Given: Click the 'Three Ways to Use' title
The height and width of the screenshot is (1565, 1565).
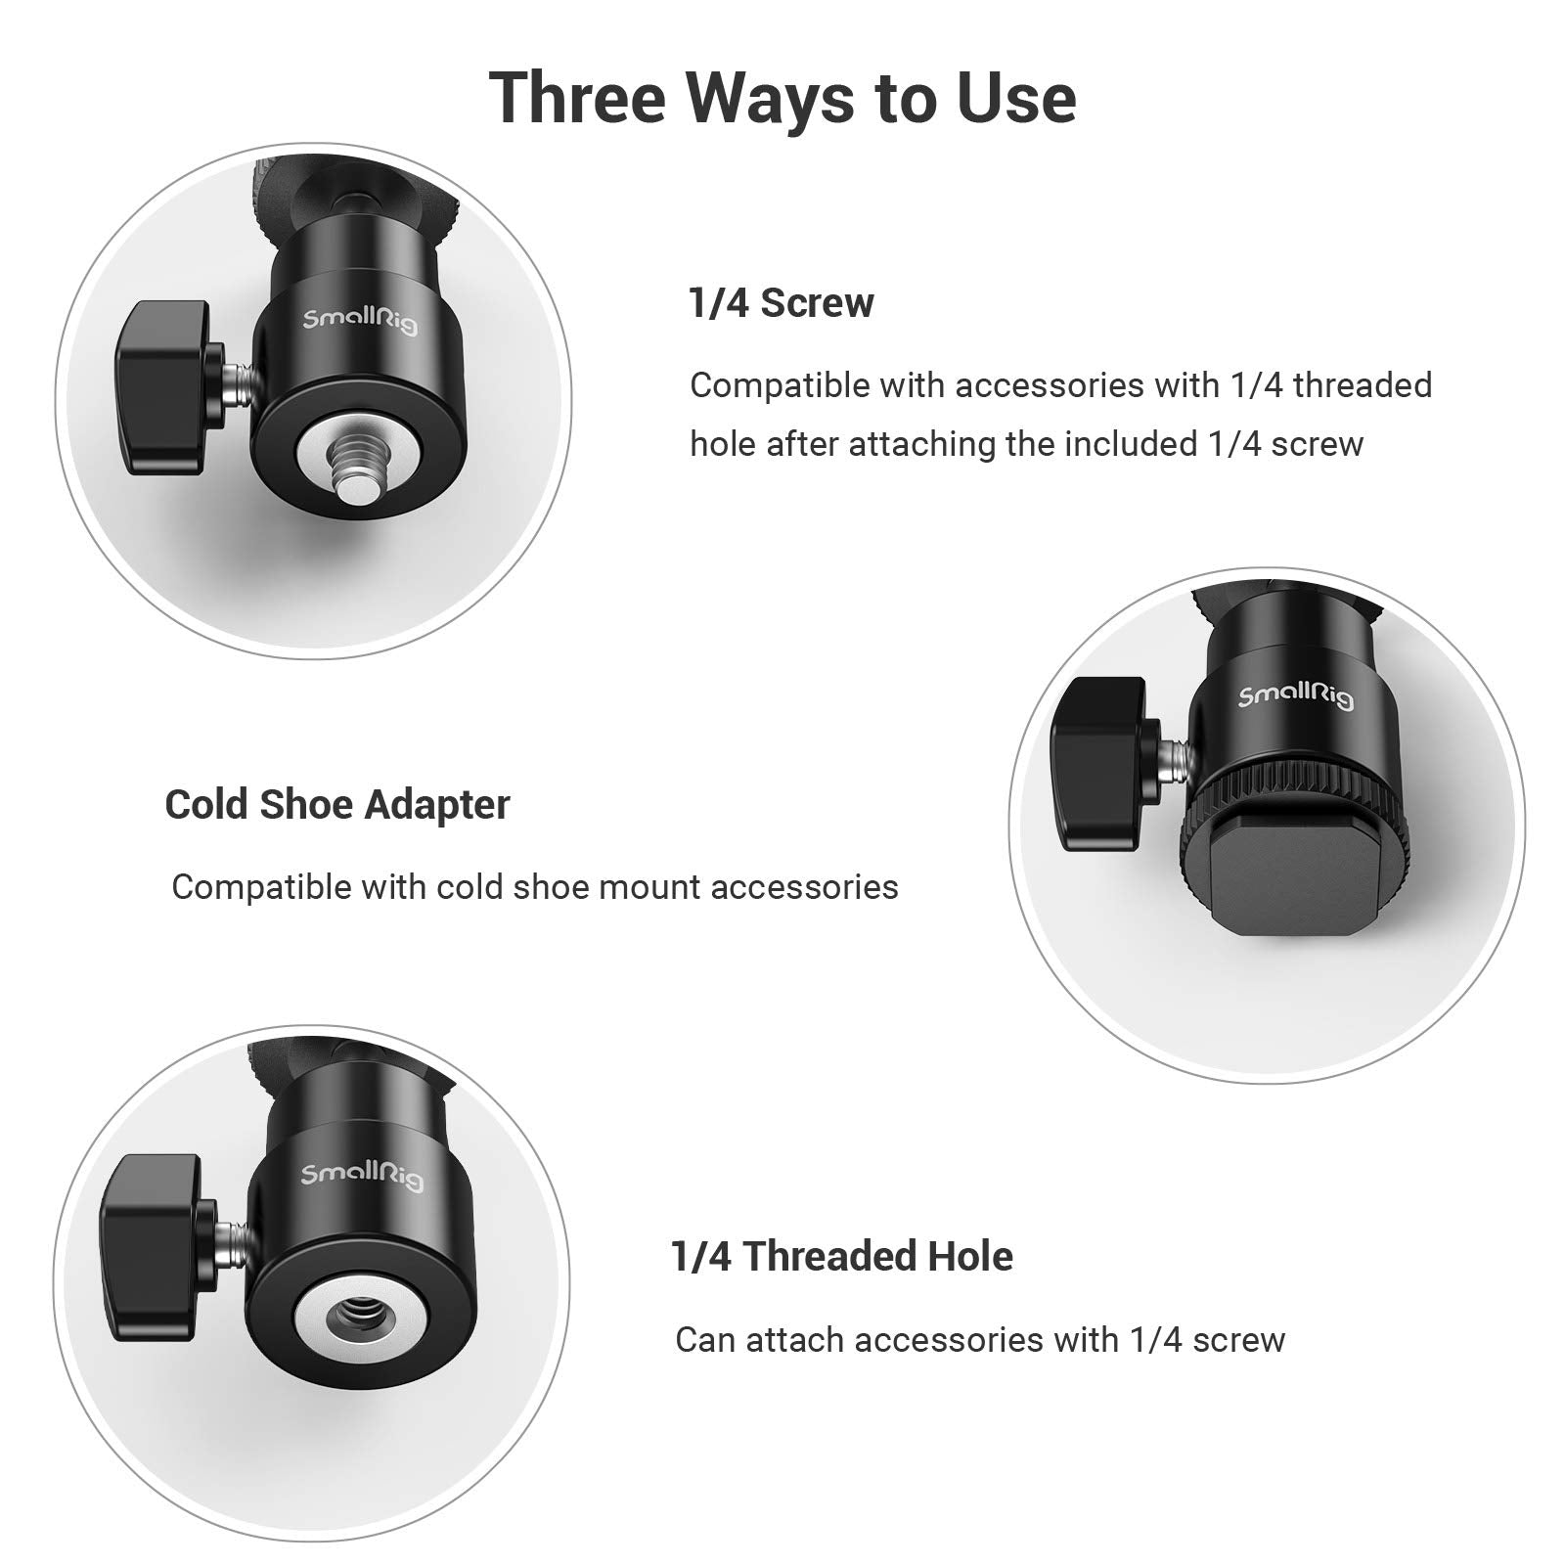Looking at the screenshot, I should (782, 98).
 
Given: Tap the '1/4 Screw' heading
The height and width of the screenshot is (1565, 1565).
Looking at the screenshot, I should (781, 303).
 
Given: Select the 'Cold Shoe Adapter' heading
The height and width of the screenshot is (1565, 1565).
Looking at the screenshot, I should (337, 805).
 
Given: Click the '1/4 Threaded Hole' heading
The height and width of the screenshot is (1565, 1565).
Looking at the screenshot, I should (841, 1256).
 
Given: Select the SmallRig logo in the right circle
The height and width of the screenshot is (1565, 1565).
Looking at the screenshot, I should (1296, 696).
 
